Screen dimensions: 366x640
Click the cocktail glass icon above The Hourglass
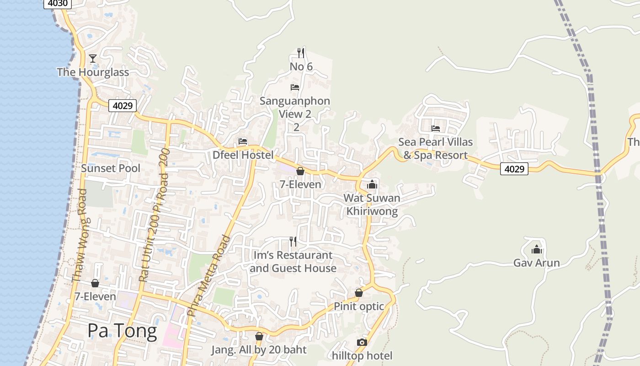pyautogui.click(x=93, y=58)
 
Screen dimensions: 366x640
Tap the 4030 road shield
pyautogui.click(x=58, y=4)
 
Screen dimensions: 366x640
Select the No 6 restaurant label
pyautogui.click(x=301, y=67)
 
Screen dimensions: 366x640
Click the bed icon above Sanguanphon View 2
pyautogui.click(x=295, y=87)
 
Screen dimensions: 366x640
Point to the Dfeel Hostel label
pyautogui.click(x=243, y=155)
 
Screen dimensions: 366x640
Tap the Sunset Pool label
pyautogui.click(x=111, y=168)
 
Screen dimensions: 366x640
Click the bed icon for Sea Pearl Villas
pyautogui.click(x=436, y=129)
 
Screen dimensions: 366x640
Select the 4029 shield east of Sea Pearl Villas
pyautogui.click(x=514, y=169)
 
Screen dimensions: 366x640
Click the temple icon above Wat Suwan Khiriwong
pyautogui.click(x=372, y=184)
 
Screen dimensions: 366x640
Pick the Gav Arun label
pyautogui.click(x=537, y=263)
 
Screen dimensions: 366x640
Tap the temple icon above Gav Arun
pyautogui.click(x=537, y=249)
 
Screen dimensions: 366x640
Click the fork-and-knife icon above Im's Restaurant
pyautogui.click(x=293, y=241)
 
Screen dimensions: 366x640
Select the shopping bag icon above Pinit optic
pyautogui.click(x=359, y=292)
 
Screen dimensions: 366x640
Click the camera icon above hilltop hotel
pyautogui.click(x=362, y=342)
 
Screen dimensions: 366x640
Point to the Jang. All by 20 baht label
pyautogui.click(x=259, y=350)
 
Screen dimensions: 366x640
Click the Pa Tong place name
pyautogui.click(x=122, y=330)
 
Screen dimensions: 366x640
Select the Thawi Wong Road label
pyautogui.click(x=80, y=235)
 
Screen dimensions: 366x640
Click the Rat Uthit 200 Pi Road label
pyautogui.click(x=154, y=215)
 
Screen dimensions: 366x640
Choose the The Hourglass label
pyautogui.click(x=93, y=72)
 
